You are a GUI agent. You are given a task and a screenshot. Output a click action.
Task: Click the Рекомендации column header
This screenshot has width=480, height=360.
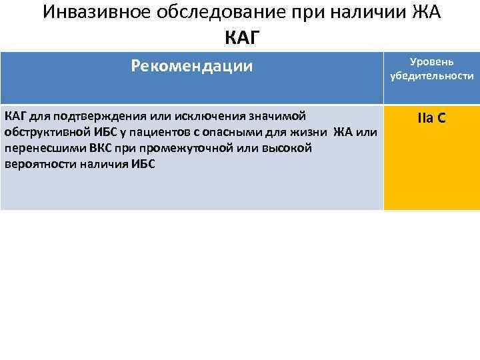[x=192, y=65]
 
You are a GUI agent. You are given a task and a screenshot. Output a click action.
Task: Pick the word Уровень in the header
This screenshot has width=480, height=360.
[x=431, y=61]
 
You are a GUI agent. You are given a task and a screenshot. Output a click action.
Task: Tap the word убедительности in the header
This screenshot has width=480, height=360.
[x=432, y=76]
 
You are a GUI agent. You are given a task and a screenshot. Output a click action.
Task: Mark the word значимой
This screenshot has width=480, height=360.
[x=281, y=117]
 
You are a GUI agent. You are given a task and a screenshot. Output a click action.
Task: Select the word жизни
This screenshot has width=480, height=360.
[x=310, y=132]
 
